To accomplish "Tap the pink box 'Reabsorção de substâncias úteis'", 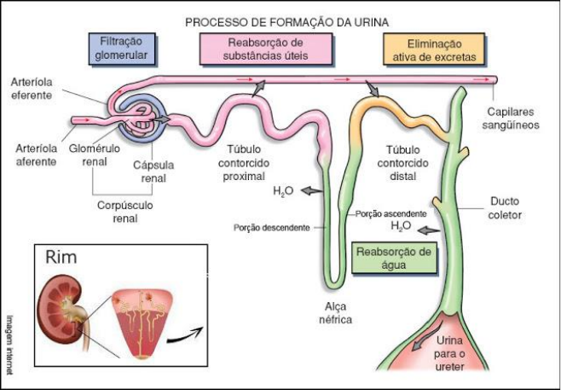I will (267, 49).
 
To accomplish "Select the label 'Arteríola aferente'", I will (30, 154).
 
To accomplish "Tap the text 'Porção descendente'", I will (272, 228).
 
